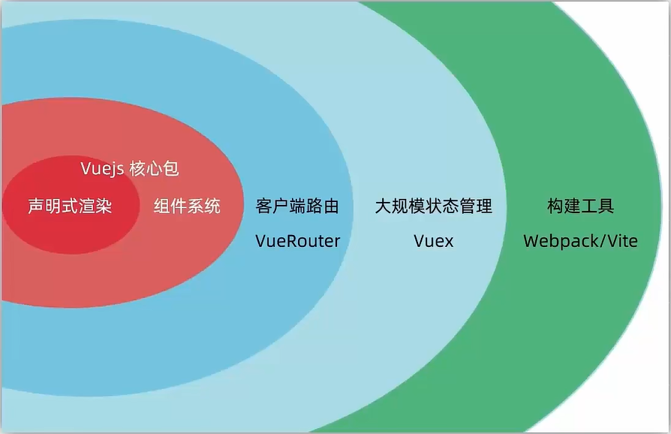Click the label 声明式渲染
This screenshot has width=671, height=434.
(x=70, y=206)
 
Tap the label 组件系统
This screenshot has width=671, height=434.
(x=188, y=206)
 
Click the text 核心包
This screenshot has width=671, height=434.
(x=154, y=169)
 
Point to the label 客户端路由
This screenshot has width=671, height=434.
(x=297, y=206)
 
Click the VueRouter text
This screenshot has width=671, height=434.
(x=297, y=241)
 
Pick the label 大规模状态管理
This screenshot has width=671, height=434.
(x=433, y=206)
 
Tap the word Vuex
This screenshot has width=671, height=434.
(x=433, y=241)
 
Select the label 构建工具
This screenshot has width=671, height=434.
(x=581, y=206)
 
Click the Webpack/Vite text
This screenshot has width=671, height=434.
(x=580, y=241)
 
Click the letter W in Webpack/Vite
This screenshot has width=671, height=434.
(x=531, y=241)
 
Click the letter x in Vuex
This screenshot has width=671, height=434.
(x=449, y=241)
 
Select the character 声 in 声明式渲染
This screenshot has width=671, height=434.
(x=36, y=206)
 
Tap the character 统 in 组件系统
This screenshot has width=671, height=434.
(x=213, y=206)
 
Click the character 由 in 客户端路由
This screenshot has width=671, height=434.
(x=331, y=206)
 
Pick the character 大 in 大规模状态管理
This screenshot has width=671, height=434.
(x=383, y=206)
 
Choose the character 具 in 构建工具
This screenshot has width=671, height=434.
(x=606, y=206)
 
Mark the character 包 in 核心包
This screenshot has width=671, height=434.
(x=171, y=169)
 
